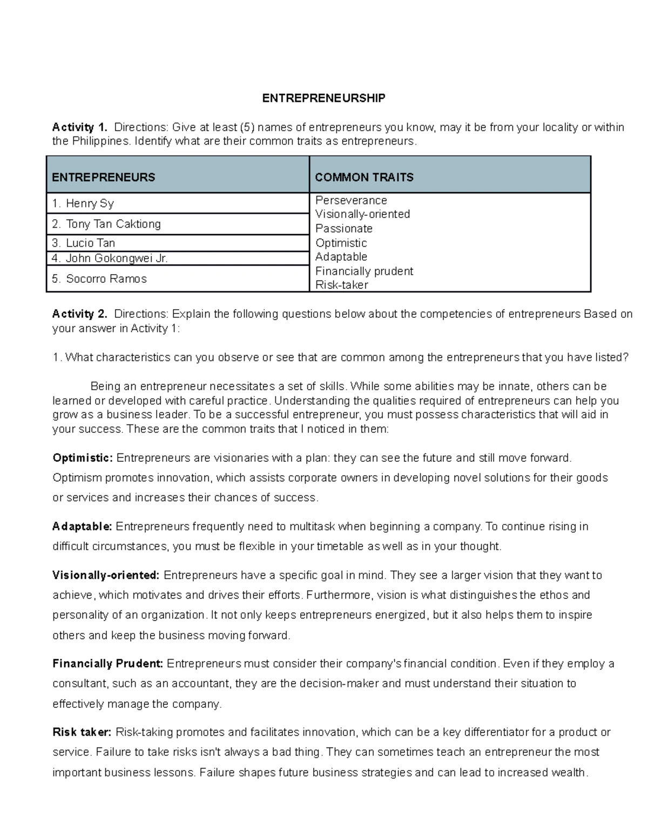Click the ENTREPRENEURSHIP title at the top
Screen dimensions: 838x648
click(323, 98)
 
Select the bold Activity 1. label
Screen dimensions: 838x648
click(79, 127)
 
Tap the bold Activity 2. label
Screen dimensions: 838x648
click(79, 314)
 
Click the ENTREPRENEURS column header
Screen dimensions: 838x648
click(103, 178)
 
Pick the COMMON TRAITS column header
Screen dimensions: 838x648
click(364, 178)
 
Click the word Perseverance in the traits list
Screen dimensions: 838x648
click(351, 200)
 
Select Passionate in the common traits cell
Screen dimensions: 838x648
click(344, 229)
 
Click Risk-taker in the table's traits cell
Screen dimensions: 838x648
click(341, 285)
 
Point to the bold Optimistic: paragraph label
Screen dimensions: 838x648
click(83, 458)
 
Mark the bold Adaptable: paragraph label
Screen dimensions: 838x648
click(82, 527)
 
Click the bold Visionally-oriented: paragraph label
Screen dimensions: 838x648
click(106, 575)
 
